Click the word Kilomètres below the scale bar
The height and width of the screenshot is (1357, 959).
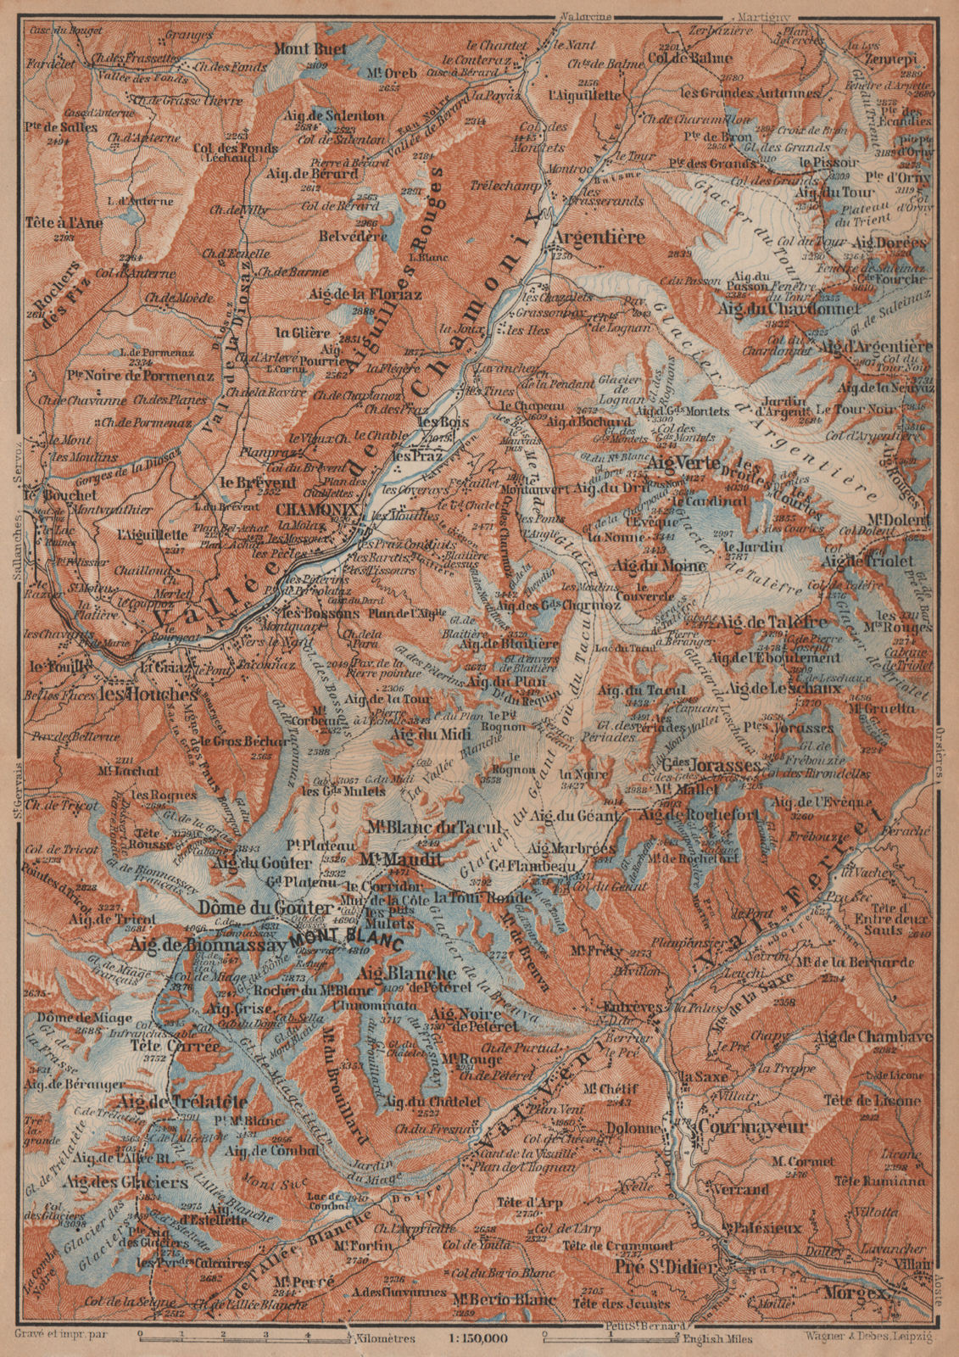click(378, 1338)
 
